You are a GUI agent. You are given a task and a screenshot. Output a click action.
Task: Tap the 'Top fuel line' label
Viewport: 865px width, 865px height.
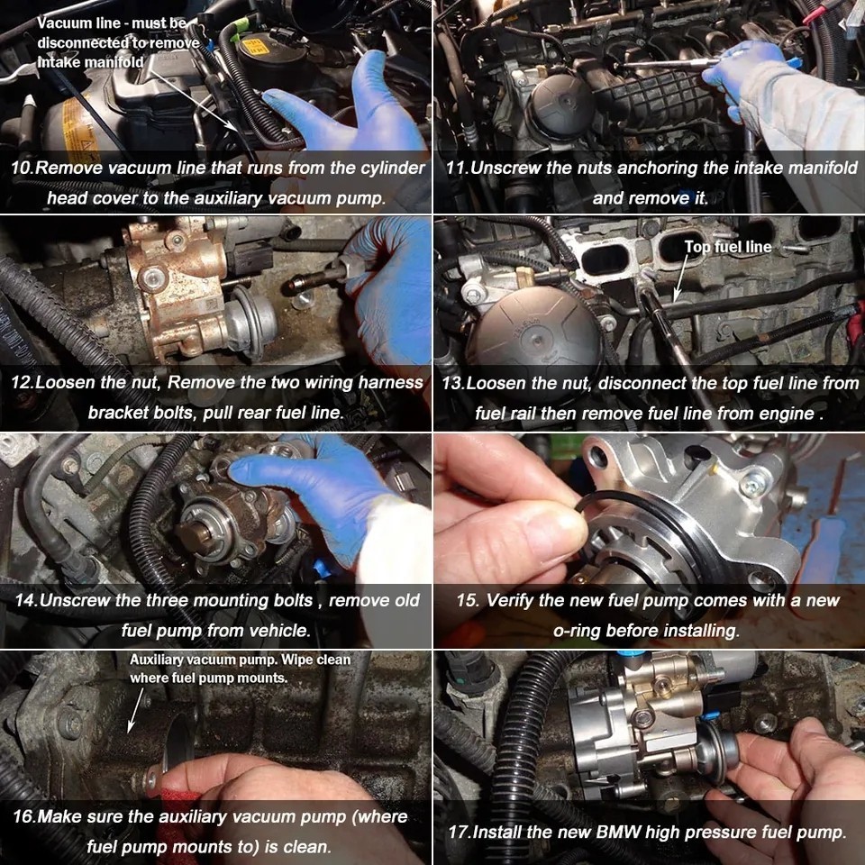[x=727, y=247]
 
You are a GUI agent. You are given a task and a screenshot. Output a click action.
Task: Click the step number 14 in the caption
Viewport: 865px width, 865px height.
[x=24, y=600]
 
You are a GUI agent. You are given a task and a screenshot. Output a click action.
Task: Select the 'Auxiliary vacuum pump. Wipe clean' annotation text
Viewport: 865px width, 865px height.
[x=240, y=660]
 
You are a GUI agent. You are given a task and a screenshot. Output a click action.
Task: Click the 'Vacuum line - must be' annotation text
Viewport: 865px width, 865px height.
[x=111, y=23]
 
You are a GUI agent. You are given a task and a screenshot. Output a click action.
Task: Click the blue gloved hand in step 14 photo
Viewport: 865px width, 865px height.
[x=315, y=491]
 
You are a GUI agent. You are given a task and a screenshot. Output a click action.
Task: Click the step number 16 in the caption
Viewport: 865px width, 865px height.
[x=24, y=817]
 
